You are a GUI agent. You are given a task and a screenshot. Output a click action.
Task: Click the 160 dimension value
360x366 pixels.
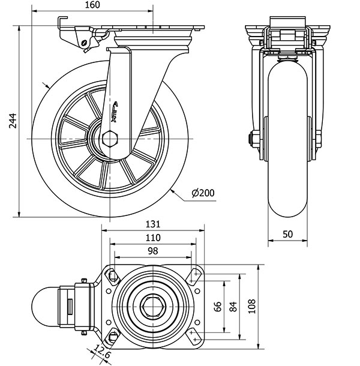[92, 5]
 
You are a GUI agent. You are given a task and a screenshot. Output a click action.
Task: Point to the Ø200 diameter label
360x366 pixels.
[203, 193]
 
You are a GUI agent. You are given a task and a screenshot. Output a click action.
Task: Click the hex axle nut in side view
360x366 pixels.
[110, 140]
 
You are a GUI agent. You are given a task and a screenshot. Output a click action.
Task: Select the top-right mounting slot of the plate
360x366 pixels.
[195, 275]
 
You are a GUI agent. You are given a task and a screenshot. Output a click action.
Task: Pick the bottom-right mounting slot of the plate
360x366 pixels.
[195, 335]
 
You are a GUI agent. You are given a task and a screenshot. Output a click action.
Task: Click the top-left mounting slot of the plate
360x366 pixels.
[112, 275]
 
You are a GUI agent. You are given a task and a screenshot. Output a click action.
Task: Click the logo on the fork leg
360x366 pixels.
[115, 112]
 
